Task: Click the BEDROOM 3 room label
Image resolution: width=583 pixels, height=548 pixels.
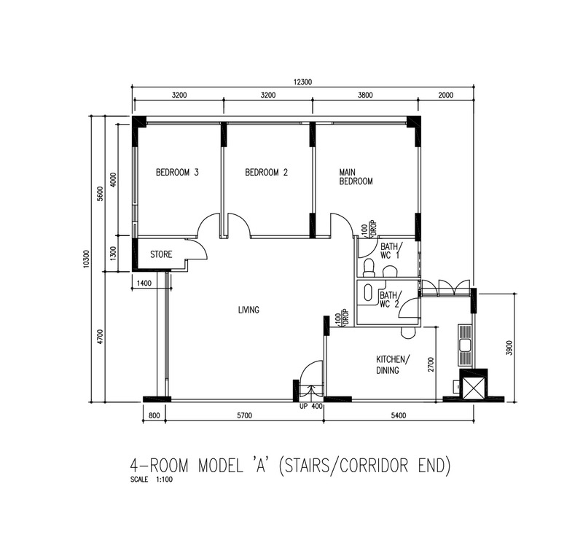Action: pos(177,173)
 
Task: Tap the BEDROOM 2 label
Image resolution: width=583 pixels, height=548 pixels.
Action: pos(266,173)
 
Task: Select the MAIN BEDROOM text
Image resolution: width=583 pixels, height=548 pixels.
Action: pos(356,177)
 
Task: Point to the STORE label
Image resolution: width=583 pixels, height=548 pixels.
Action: pos(161,254)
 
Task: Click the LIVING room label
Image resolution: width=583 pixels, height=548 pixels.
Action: pos(249,310)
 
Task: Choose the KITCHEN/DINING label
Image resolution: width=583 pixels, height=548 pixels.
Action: pos(393,364)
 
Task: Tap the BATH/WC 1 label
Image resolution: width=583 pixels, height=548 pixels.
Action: pos(389,251)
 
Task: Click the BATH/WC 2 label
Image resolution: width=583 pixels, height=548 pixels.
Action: pos(389,300)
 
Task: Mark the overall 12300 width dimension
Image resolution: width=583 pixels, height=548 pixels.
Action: pos(302,82)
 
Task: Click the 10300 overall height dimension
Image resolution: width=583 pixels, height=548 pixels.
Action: pos(87,259)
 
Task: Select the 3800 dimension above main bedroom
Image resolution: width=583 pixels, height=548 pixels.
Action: pos(365,95)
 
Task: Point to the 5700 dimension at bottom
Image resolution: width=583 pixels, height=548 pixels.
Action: pos(244,415)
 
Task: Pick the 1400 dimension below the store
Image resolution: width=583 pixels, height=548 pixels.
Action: pos(144,283)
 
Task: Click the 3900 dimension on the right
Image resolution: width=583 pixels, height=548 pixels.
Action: pos(509,348)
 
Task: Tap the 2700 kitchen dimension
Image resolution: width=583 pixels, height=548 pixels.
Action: pos(431,364)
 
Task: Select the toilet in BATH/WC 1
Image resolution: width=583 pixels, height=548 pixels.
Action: pos(369,268)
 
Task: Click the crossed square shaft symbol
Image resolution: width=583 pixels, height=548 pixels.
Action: pos(473,388)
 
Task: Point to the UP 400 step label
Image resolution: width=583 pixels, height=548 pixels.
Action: pos(311,407)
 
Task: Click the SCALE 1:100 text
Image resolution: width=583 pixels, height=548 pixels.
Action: pos(152,479)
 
